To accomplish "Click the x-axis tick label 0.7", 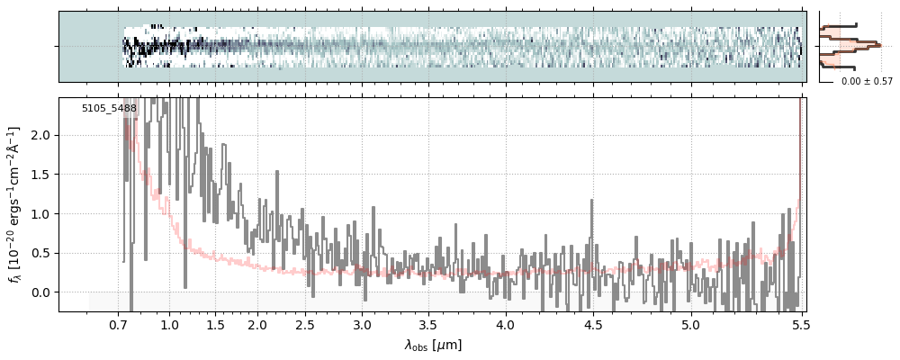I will point(119,324).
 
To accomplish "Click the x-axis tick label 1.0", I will point(169,324).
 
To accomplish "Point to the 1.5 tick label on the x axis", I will point(216,324).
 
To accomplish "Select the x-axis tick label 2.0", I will point(257,324).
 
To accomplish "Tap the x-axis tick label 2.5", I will point(305,324).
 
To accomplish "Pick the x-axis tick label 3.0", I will point(362,324).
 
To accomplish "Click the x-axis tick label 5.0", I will point(690,324).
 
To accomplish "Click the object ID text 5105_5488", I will point(109,109).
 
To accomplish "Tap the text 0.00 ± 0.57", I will point(867,82).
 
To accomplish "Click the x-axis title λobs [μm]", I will point(433,345).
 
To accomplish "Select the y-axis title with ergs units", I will point(15,204).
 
